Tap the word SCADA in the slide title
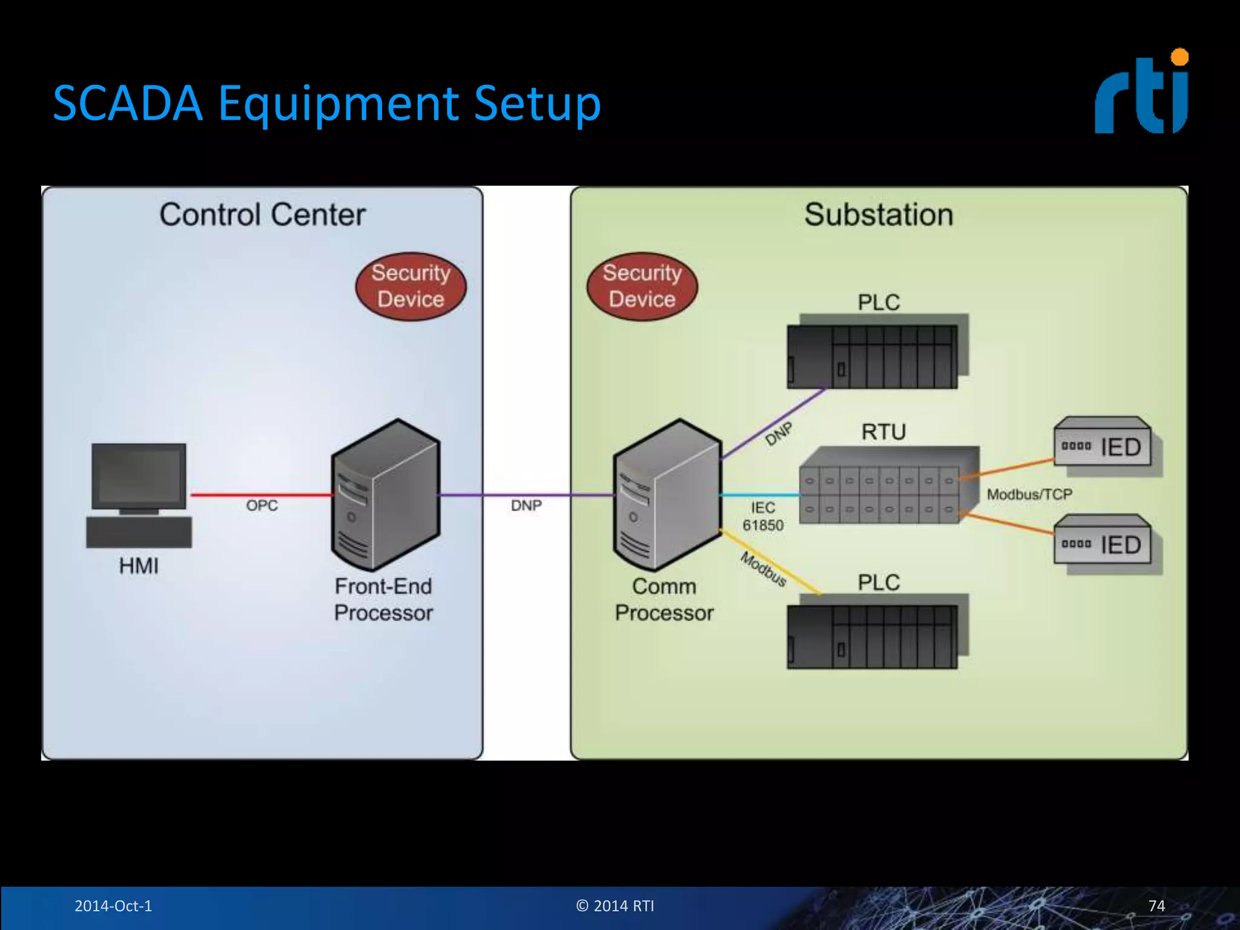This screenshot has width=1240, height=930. [127, 103]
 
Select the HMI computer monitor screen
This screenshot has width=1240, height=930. [139, 475]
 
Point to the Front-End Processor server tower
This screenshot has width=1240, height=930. [386, 495]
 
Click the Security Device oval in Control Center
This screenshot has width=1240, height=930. [411, 286]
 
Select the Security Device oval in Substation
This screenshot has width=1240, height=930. [642, 286]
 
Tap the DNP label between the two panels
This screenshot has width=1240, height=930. [526, 506]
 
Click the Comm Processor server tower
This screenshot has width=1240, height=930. [667, 495]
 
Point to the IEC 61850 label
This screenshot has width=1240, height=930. [763, 516]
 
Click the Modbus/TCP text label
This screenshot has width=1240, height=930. [1029, 495]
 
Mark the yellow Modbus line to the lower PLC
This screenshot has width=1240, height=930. [770, 561]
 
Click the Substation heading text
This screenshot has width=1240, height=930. [879, 215]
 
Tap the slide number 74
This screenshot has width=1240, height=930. [1156, 906]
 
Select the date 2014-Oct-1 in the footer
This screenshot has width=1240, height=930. [113, 906]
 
